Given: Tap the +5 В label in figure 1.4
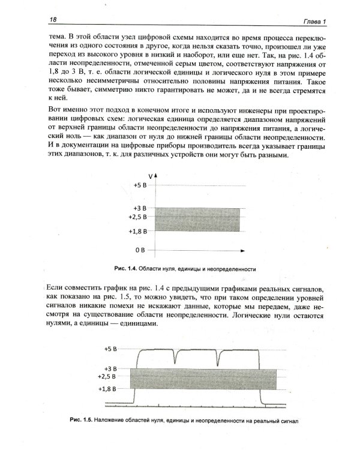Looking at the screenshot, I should point(140,185).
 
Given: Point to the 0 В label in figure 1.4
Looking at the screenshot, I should point(140,248).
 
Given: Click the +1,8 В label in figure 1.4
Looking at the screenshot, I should point(138,230).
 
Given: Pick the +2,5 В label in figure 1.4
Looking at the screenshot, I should point(138,217).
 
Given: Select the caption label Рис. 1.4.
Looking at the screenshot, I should point(125,268).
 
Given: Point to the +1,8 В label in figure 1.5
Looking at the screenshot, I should point(112,389).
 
